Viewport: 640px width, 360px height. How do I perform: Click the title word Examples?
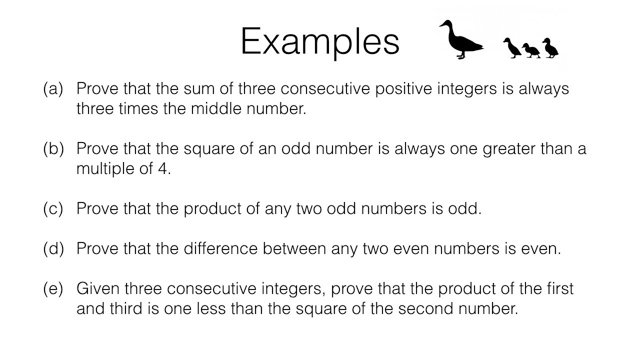pos(319,41)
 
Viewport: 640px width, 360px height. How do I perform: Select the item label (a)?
pos(53,89)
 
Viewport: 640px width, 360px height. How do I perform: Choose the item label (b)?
pos(53,149)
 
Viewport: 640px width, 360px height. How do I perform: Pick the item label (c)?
pos(53,209)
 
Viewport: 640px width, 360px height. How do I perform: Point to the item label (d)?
pos(53,249)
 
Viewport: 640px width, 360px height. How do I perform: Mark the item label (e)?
pos(53,289)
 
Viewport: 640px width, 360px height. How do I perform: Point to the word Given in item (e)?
pos(98,289)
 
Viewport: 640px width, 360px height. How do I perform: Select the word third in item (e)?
pos(126,309)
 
